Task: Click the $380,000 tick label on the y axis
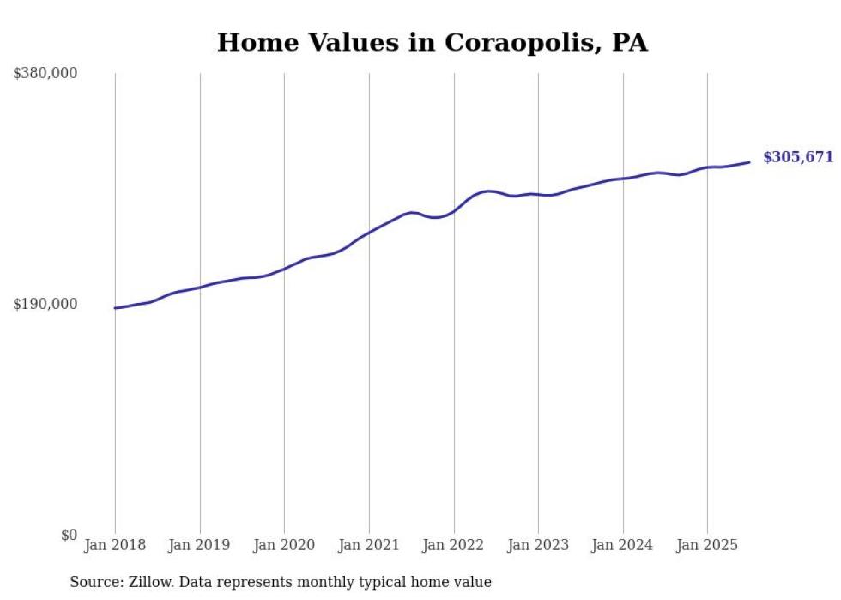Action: pos(45,74)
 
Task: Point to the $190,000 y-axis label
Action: pos(45,305)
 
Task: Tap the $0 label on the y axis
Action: pos(69,536)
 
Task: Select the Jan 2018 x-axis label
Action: pos(115,545)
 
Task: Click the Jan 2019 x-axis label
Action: pos(200,545)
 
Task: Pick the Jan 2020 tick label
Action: pos(284,545)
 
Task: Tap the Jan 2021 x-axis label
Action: pos(369,545)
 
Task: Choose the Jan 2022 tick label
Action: pos(454,545)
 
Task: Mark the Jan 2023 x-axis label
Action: pos(538,545)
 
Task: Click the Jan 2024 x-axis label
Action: pos(623,545)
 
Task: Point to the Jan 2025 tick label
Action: pos(707,545)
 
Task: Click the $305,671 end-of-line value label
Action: pos(798,157)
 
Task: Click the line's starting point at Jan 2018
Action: pos(115,307)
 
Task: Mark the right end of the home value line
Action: pos(750,161)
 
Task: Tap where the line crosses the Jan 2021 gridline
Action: pos(369,233)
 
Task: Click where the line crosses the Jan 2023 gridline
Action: pos(538,195)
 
